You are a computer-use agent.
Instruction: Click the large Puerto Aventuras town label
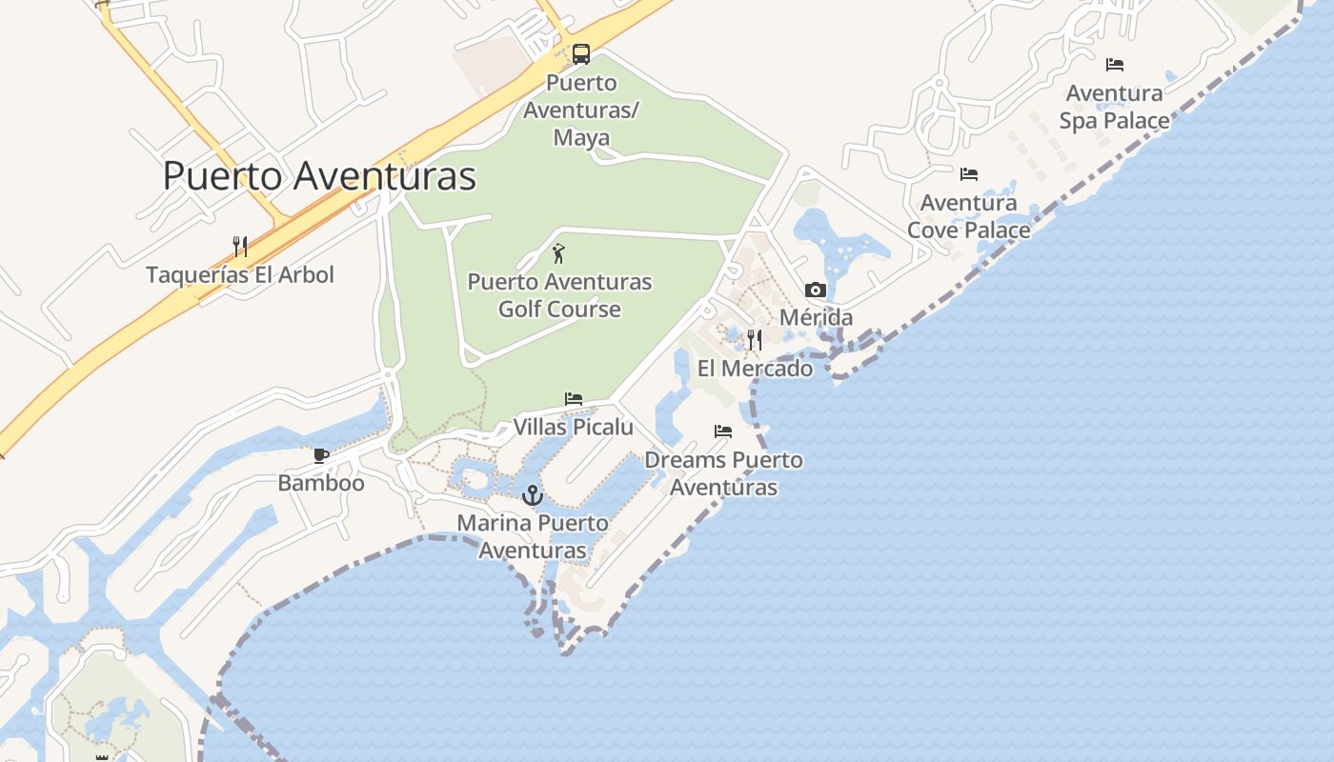pyautogui.click(x=319, y=176)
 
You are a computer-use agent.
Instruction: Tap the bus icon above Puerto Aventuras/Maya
pyautogui.click(x=581, y=54)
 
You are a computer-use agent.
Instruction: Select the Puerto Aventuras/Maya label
pyautogui.click(x=581, y=110)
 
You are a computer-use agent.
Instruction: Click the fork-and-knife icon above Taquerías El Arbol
pyautogui.click(x=240, y=247)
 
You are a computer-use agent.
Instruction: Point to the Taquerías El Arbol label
pyautogui.click(x=240, y=275)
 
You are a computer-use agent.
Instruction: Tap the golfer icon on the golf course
pyautogui.click(x=559, y=253)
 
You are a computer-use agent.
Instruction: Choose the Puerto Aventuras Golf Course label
pyautogui.click(x=559, y=295)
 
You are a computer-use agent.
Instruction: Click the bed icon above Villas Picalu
pyautogui.click(x=574, y=399)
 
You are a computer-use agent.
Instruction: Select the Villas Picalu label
pyautogui.click(x=574, y=427)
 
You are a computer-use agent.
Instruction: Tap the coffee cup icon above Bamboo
pyautogui.click(x=321, y=455)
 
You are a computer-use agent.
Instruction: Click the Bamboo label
pyautogui.click(x=321, y=483)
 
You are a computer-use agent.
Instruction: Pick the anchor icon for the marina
pyautogui.click(x=533, y=495)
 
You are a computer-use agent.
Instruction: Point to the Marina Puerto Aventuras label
pyautogui.click(x=533, y=536)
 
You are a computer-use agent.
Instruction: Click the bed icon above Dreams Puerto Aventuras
pyautogui.click(x=723, y=431)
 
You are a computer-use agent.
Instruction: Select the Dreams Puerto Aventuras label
pyautogui.click(x=723, y=473)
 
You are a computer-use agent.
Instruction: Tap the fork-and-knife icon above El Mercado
pyautogui.click(x=755, y=340)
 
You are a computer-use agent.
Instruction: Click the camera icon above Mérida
pyautogui.click(x=816, y=290)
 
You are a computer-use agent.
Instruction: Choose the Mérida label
pyautogui.click(x=816, y=317)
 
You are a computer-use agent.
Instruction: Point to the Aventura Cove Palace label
pyautogui.click(x=969, y=216)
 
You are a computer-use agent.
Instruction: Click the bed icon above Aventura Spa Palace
pyautogui.click(x=1115, y=65)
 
